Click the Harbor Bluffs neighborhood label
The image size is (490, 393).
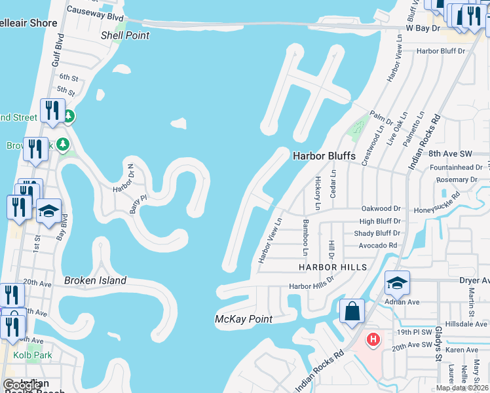click(324, 156)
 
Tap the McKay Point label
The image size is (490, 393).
click(244, 319)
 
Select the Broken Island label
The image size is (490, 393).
click(95, 280)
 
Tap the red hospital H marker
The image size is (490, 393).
click(373, 339)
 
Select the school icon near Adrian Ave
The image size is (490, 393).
click(397, 282)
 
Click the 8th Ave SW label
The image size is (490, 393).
click(450, 153)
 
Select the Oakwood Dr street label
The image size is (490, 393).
click(380, 208)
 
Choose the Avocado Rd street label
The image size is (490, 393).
click(378, 246)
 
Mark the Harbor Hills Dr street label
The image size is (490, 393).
click(312, 286)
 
